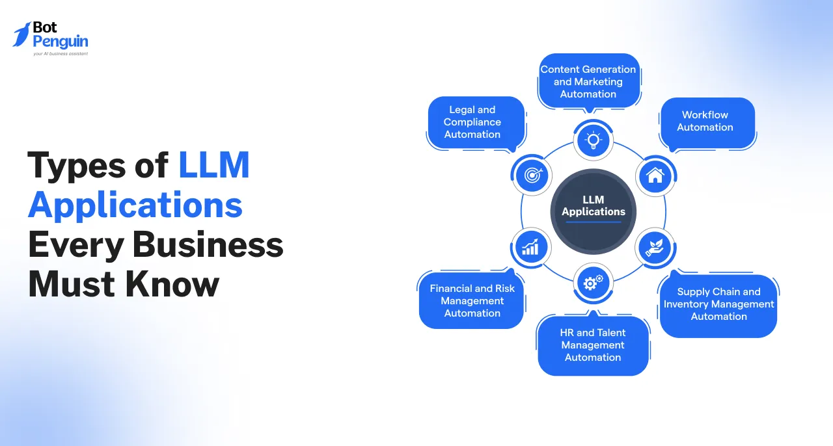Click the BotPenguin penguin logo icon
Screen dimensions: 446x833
pos(23,34)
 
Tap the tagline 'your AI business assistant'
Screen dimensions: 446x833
pos(60,54)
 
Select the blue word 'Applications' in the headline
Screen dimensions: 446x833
pos(135,205)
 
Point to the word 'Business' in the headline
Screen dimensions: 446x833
pos(208,245)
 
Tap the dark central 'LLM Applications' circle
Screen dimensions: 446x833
pos(593,211)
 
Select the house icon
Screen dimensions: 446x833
pos(655,176)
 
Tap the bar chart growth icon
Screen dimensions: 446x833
pos(531,247)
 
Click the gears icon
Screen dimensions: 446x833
pos(593,283)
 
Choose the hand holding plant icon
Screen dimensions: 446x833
pos(655,247)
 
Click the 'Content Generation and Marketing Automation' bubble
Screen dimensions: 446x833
pos(588,81)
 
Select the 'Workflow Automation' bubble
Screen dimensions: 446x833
pos(705,122)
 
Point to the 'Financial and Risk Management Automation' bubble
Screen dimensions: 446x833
pos(472,301)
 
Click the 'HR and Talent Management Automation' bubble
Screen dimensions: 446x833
pos(593,345)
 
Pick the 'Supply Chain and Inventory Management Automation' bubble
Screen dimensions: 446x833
pos(718,304)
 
